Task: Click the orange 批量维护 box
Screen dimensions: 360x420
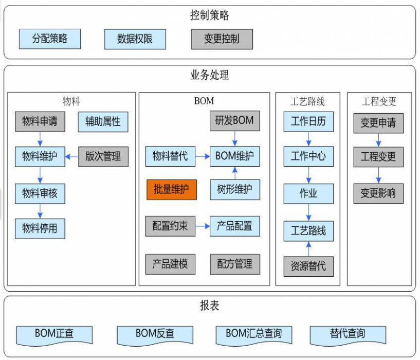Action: pos(171,189)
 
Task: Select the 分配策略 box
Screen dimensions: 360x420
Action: pos(50,39)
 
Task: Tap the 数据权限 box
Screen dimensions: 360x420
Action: pos(135,39)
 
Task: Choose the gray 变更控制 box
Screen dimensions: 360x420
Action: pos(222,39)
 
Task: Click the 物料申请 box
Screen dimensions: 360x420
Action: pos(40,122)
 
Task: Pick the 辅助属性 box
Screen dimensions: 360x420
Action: pos(103,122)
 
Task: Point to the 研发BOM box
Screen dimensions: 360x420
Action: pos(234,121)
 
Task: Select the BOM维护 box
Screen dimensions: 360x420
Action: pos(234,156)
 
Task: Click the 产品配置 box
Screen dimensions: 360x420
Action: pos(234,226)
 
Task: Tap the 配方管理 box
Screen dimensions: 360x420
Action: pos(234,264)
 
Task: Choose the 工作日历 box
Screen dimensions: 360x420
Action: pos(308,122)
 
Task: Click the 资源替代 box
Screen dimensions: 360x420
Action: pos(308,266)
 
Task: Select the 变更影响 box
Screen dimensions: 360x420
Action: pos(378,193)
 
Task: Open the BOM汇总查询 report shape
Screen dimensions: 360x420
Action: pos(254,334)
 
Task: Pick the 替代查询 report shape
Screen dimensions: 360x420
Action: pos(348,334)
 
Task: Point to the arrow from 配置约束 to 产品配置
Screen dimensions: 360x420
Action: pos(203,226)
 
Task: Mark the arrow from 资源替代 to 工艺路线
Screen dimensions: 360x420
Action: pos(308,248)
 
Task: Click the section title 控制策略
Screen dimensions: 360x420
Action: pos(209,15)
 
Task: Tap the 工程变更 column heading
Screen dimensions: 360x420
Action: pos(379,101)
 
